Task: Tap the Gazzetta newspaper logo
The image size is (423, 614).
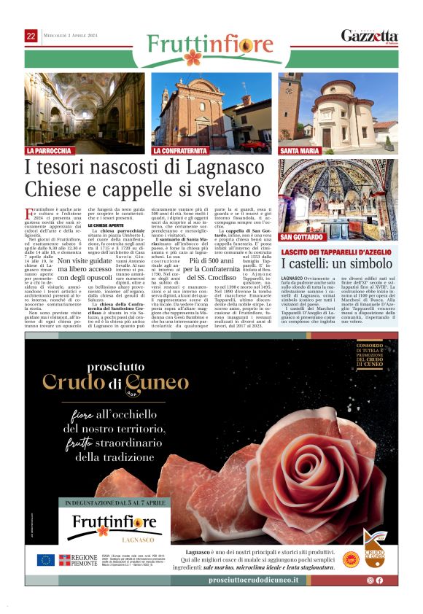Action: (370, 36)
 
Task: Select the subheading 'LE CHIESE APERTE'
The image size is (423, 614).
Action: (109, 226)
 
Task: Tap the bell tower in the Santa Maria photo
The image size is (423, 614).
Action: (292, 102)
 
